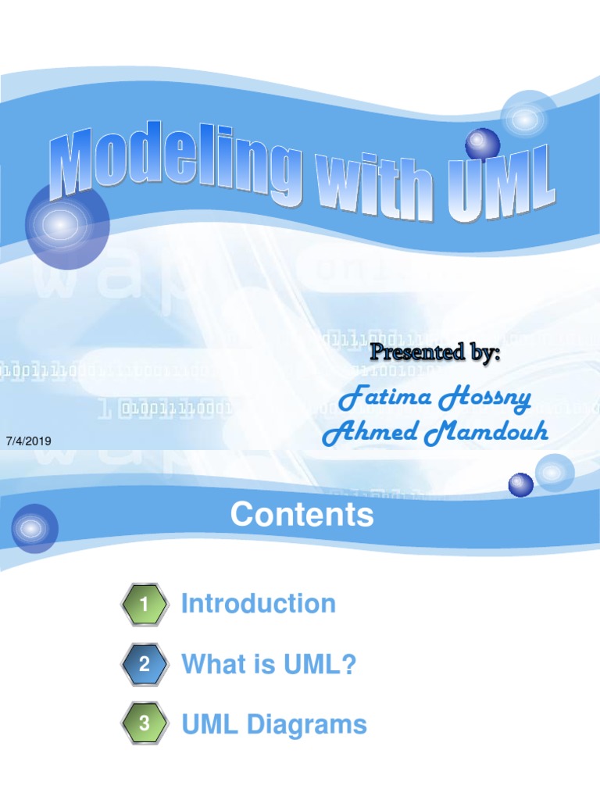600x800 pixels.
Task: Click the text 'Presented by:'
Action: [x=434, y=352]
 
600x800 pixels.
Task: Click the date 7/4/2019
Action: [x=28, y=441]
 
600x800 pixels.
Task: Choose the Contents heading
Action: [x=302, y=516]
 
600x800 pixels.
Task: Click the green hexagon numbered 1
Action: [x=144, y=604]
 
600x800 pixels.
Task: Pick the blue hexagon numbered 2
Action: [x=144, y=665]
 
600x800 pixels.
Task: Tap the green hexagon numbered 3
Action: [x=144, y=724]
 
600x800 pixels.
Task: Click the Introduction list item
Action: [x=258, y=603]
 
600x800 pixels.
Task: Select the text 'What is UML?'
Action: [x=269, y=665]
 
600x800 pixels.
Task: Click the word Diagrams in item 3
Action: [x=306, y=724]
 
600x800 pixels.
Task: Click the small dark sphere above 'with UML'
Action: [x=482, y=145]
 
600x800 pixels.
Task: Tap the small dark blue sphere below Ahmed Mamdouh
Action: [x=521, y=485]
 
